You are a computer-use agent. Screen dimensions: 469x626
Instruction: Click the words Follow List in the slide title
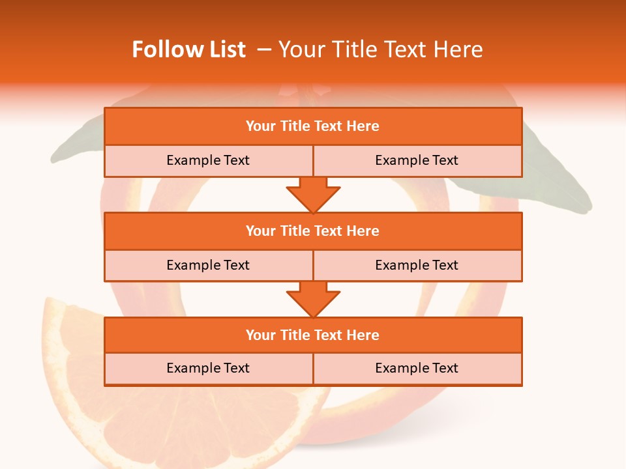[x=188, y=50]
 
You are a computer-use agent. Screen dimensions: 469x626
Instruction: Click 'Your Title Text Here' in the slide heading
[x=380, y=50]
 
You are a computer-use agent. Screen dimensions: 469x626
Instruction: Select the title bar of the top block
[x=313, y=126]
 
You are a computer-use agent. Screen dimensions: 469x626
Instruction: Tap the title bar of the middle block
[x=313, y=231]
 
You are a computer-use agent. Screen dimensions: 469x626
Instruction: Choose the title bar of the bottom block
[x=313, y=335]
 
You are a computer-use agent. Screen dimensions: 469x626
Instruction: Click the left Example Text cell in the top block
[x=208, y=161]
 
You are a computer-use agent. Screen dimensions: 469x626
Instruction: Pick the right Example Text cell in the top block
[x=417, y=161]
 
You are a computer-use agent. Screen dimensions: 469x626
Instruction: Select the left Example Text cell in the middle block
[x=208, y=265]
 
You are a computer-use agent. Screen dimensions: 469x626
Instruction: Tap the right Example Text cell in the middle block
[x=417, y=265]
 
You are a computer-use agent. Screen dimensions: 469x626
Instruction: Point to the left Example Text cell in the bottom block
[x=208, y=369]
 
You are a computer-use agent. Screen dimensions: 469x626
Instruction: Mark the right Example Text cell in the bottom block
[x=417, y=369]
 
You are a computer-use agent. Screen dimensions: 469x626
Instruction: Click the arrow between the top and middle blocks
[x=313, y=195]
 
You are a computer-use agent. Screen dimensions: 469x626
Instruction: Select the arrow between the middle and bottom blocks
[x=313, y=299]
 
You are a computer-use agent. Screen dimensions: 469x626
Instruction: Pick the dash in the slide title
[x=264, y=50]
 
